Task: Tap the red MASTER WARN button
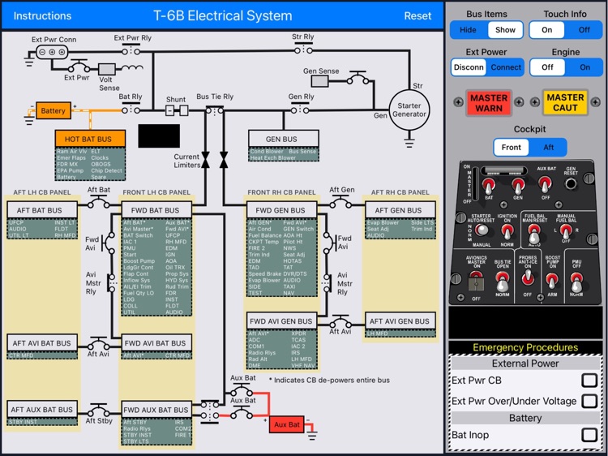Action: [x=489, y=103]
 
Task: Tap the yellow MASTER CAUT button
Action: [x=564, y=103]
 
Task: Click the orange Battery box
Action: [x=54, y=110]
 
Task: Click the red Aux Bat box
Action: [x=287, y=424]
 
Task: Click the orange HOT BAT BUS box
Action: [x=89, y=140]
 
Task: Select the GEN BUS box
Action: [x=282, y=140]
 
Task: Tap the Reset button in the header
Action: [x=417, y=15]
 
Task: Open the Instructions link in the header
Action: [x=43, y=15]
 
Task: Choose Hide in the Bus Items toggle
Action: [x=469, y=30]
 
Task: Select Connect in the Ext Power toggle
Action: [x=506, y=67]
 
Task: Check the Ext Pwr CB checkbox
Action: [x=589, y=380]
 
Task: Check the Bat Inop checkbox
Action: [x=589, y=435]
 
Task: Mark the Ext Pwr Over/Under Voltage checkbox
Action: [x=589, y=401]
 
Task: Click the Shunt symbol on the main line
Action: [x=177, y=110]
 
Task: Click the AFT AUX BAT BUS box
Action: [x=42, y=410]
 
